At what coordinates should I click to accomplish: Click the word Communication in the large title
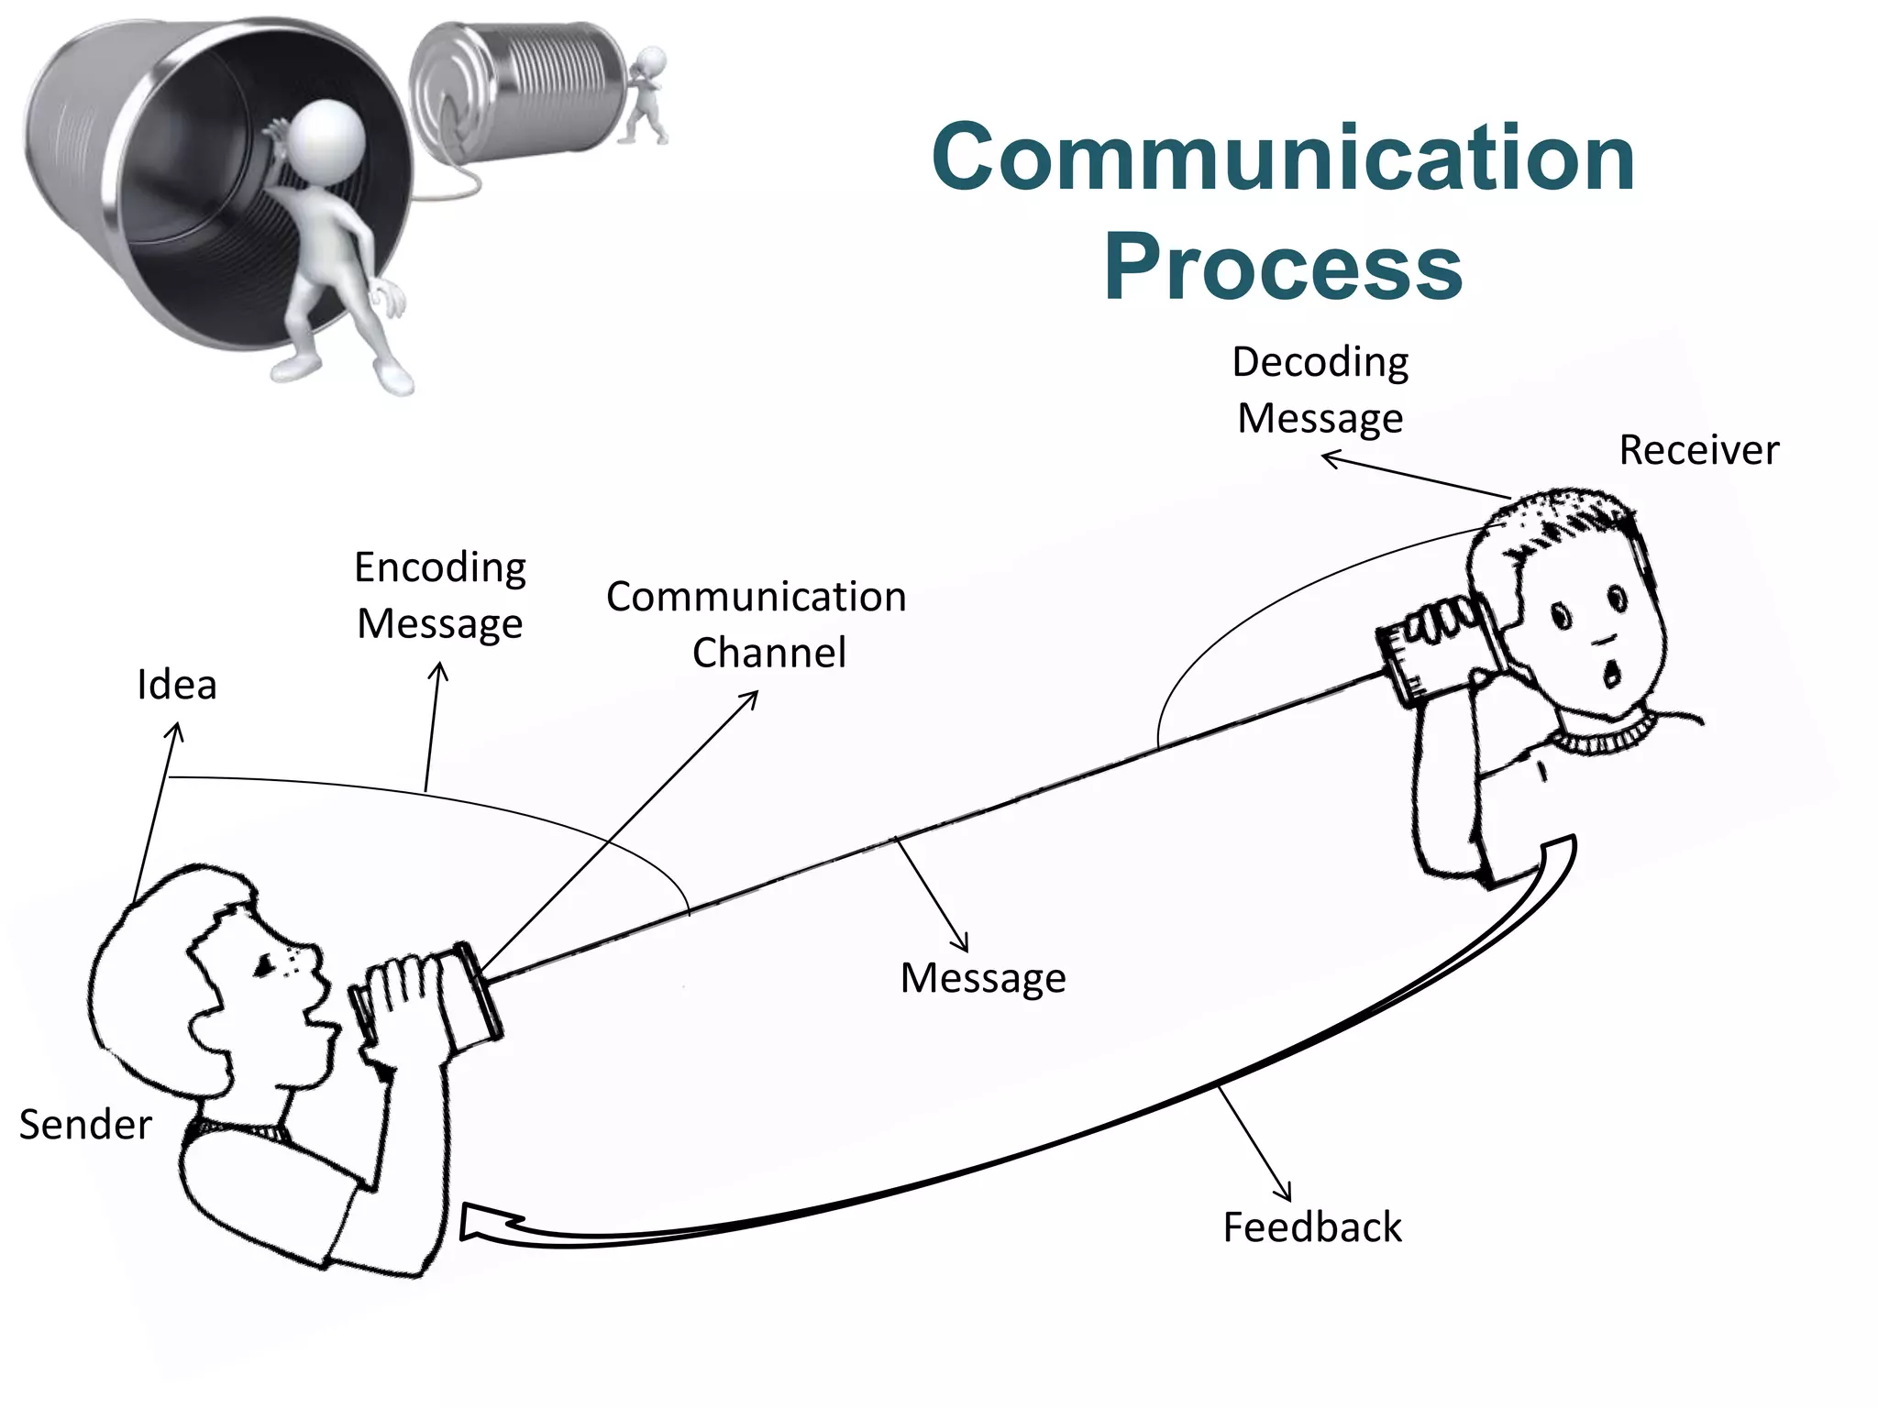(x=1283, y=158)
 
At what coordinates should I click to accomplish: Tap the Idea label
(x=177, y=685)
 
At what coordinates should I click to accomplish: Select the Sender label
(x=85, y=1125)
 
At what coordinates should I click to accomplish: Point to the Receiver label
(x=1698, y=450)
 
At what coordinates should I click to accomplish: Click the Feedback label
(x=1312, y=1227)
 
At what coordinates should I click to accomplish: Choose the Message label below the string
(x=983, y=978)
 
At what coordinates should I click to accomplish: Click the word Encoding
(x=440, y=567)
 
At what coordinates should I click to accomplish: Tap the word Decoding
(x=1320, y=362)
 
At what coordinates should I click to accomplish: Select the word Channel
(x=769, y=653)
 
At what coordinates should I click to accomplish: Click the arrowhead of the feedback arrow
(x=477, y=1224)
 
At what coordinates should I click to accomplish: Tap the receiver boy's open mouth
(x=1610, y=674)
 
